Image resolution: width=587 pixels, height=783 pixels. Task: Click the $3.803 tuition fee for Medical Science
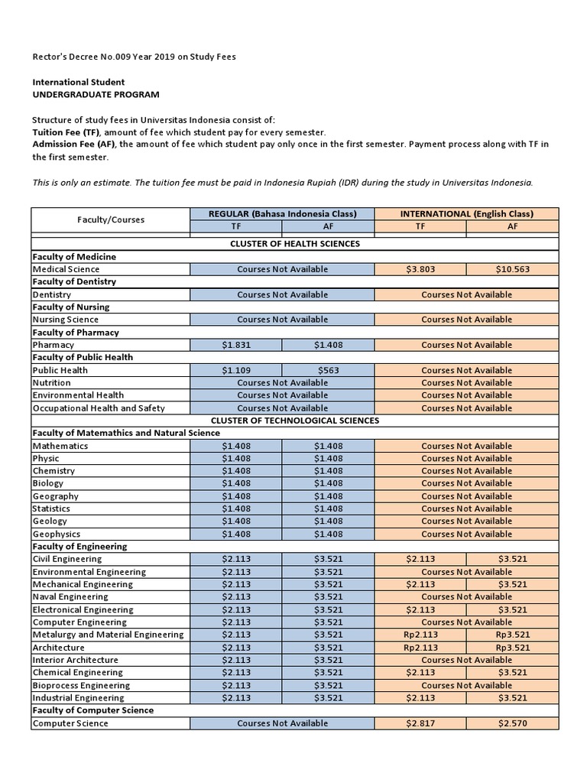[x=420, y=269]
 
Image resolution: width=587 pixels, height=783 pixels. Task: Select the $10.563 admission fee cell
[x=513, y=269]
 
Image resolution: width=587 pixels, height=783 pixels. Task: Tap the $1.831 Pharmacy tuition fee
[x=235, y=345]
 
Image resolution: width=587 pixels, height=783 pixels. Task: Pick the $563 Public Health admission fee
[x=328, y=370]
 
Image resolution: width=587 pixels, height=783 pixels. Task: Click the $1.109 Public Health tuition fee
[x=235, y=370]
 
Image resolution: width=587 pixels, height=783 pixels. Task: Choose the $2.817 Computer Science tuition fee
[x=420, y=723]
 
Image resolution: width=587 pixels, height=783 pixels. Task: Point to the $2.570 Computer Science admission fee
[x=513, y=723]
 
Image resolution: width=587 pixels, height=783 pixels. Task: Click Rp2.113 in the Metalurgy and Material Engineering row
[x=420, y=635]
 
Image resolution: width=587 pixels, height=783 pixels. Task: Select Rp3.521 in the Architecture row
[x=513, y=648]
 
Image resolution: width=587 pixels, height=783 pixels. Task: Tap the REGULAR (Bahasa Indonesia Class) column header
[x=282, y=214]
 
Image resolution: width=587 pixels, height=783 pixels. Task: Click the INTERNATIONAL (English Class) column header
[x=466, y=214]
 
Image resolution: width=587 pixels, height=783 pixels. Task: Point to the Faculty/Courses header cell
[x=110, y=220]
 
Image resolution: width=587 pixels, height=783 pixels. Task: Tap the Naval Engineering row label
[x=70, y=597]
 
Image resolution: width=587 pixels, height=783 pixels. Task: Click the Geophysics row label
[x=57, y=534]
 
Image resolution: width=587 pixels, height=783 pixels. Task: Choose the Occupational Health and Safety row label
[x=99, y=408]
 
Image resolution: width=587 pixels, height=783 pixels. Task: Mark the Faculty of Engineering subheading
[x=79, y=547]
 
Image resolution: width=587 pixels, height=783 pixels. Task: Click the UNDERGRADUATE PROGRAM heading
[x=96, y=94]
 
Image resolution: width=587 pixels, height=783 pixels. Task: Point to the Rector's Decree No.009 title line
[x=134, y=56]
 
